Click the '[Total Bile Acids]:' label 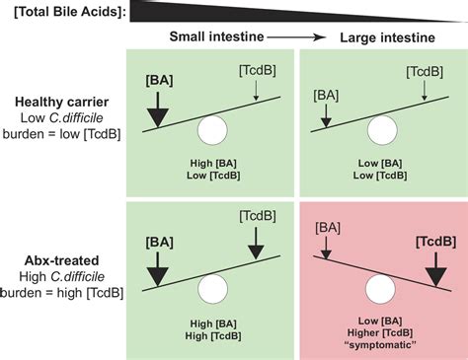pyautogui.click(x=70, y=13)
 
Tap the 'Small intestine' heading pyautogui.click(x=216, y=36)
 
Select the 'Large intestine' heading pyautogui.click(x=387, y=37)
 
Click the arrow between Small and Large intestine pyautogui.click(x=296, y=37)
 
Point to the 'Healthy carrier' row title pyautogui.click(x=62, y=102)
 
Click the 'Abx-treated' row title pyautogui.click(x=62, y=260)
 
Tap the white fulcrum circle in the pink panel pyautogui.click(x=380, y=289)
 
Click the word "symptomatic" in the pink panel pyautogui.click(x=381, y=345)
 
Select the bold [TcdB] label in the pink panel pyautogui.click(x=436, y=242)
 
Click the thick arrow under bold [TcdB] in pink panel pyautogui.click(x=436, y=269)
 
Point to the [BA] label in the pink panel pyautogui.click(x=328, y=228)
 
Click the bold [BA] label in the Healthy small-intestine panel pyautogui.click(x=159, y=81)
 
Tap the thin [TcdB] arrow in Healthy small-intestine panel pyautogui.click(x=256, y=90)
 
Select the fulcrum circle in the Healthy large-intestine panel pyautogui.click(x=382, y=130)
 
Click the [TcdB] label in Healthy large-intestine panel pyautogui.click(x=425, y=72)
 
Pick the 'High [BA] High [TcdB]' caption pyautogui.click(x=213, y=329)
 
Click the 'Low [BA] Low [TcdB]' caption pyautogui.click(x=380, y=170)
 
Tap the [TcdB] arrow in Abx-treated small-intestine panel pyautogui.click(x=256, y=243)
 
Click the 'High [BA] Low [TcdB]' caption pyautogui.click(x=213, y=170)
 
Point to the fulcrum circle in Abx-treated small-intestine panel pyautogui.click(x=212, y=289)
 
